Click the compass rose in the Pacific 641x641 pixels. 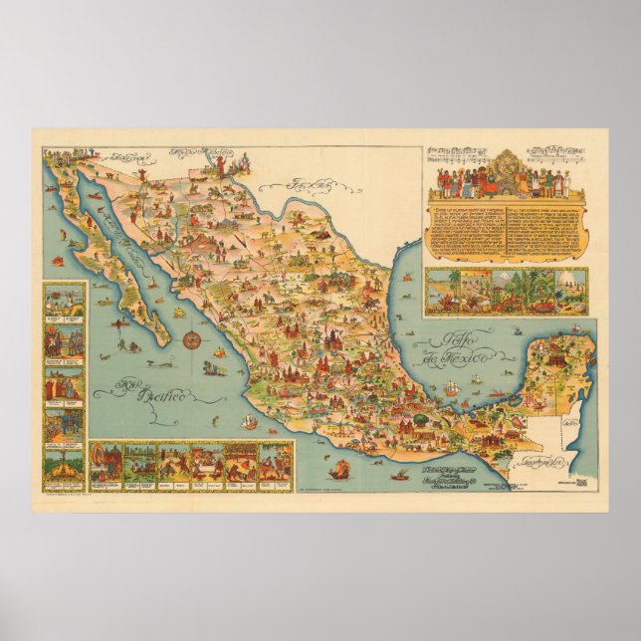click(192, 340)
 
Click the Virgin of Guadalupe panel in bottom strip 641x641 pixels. click(104, 462)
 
